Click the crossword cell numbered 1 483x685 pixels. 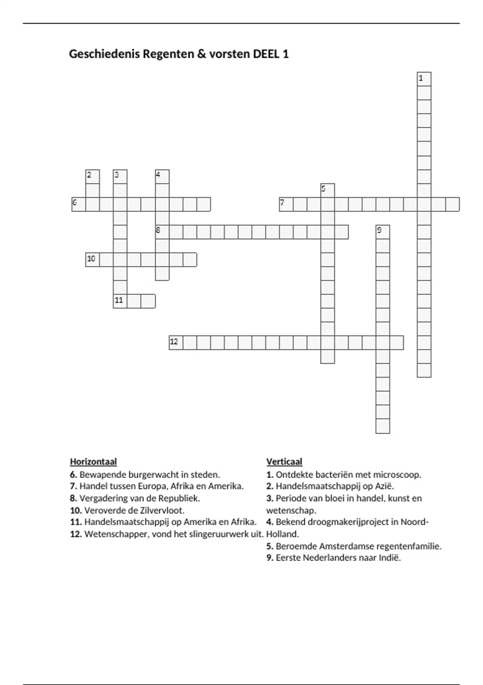[424, 79]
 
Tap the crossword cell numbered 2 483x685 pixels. [93, 176]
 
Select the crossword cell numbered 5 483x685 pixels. [328, 190]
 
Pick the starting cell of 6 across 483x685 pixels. [79, 204]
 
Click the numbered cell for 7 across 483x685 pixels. [286, 204]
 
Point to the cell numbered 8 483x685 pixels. [162, 232]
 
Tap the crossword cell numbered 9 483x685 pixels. [382, 232]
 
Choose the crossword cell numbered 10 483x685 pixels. [93, 259]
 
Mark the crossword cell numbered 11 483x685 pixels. [120, 301]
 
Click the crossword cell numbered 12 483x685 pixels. [176, 342]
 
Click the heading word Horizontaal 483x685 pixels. [93, 461]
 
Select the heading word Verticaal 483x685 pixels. [284, 461]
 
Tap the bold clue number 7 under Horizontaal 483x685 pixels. [73, 486]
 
